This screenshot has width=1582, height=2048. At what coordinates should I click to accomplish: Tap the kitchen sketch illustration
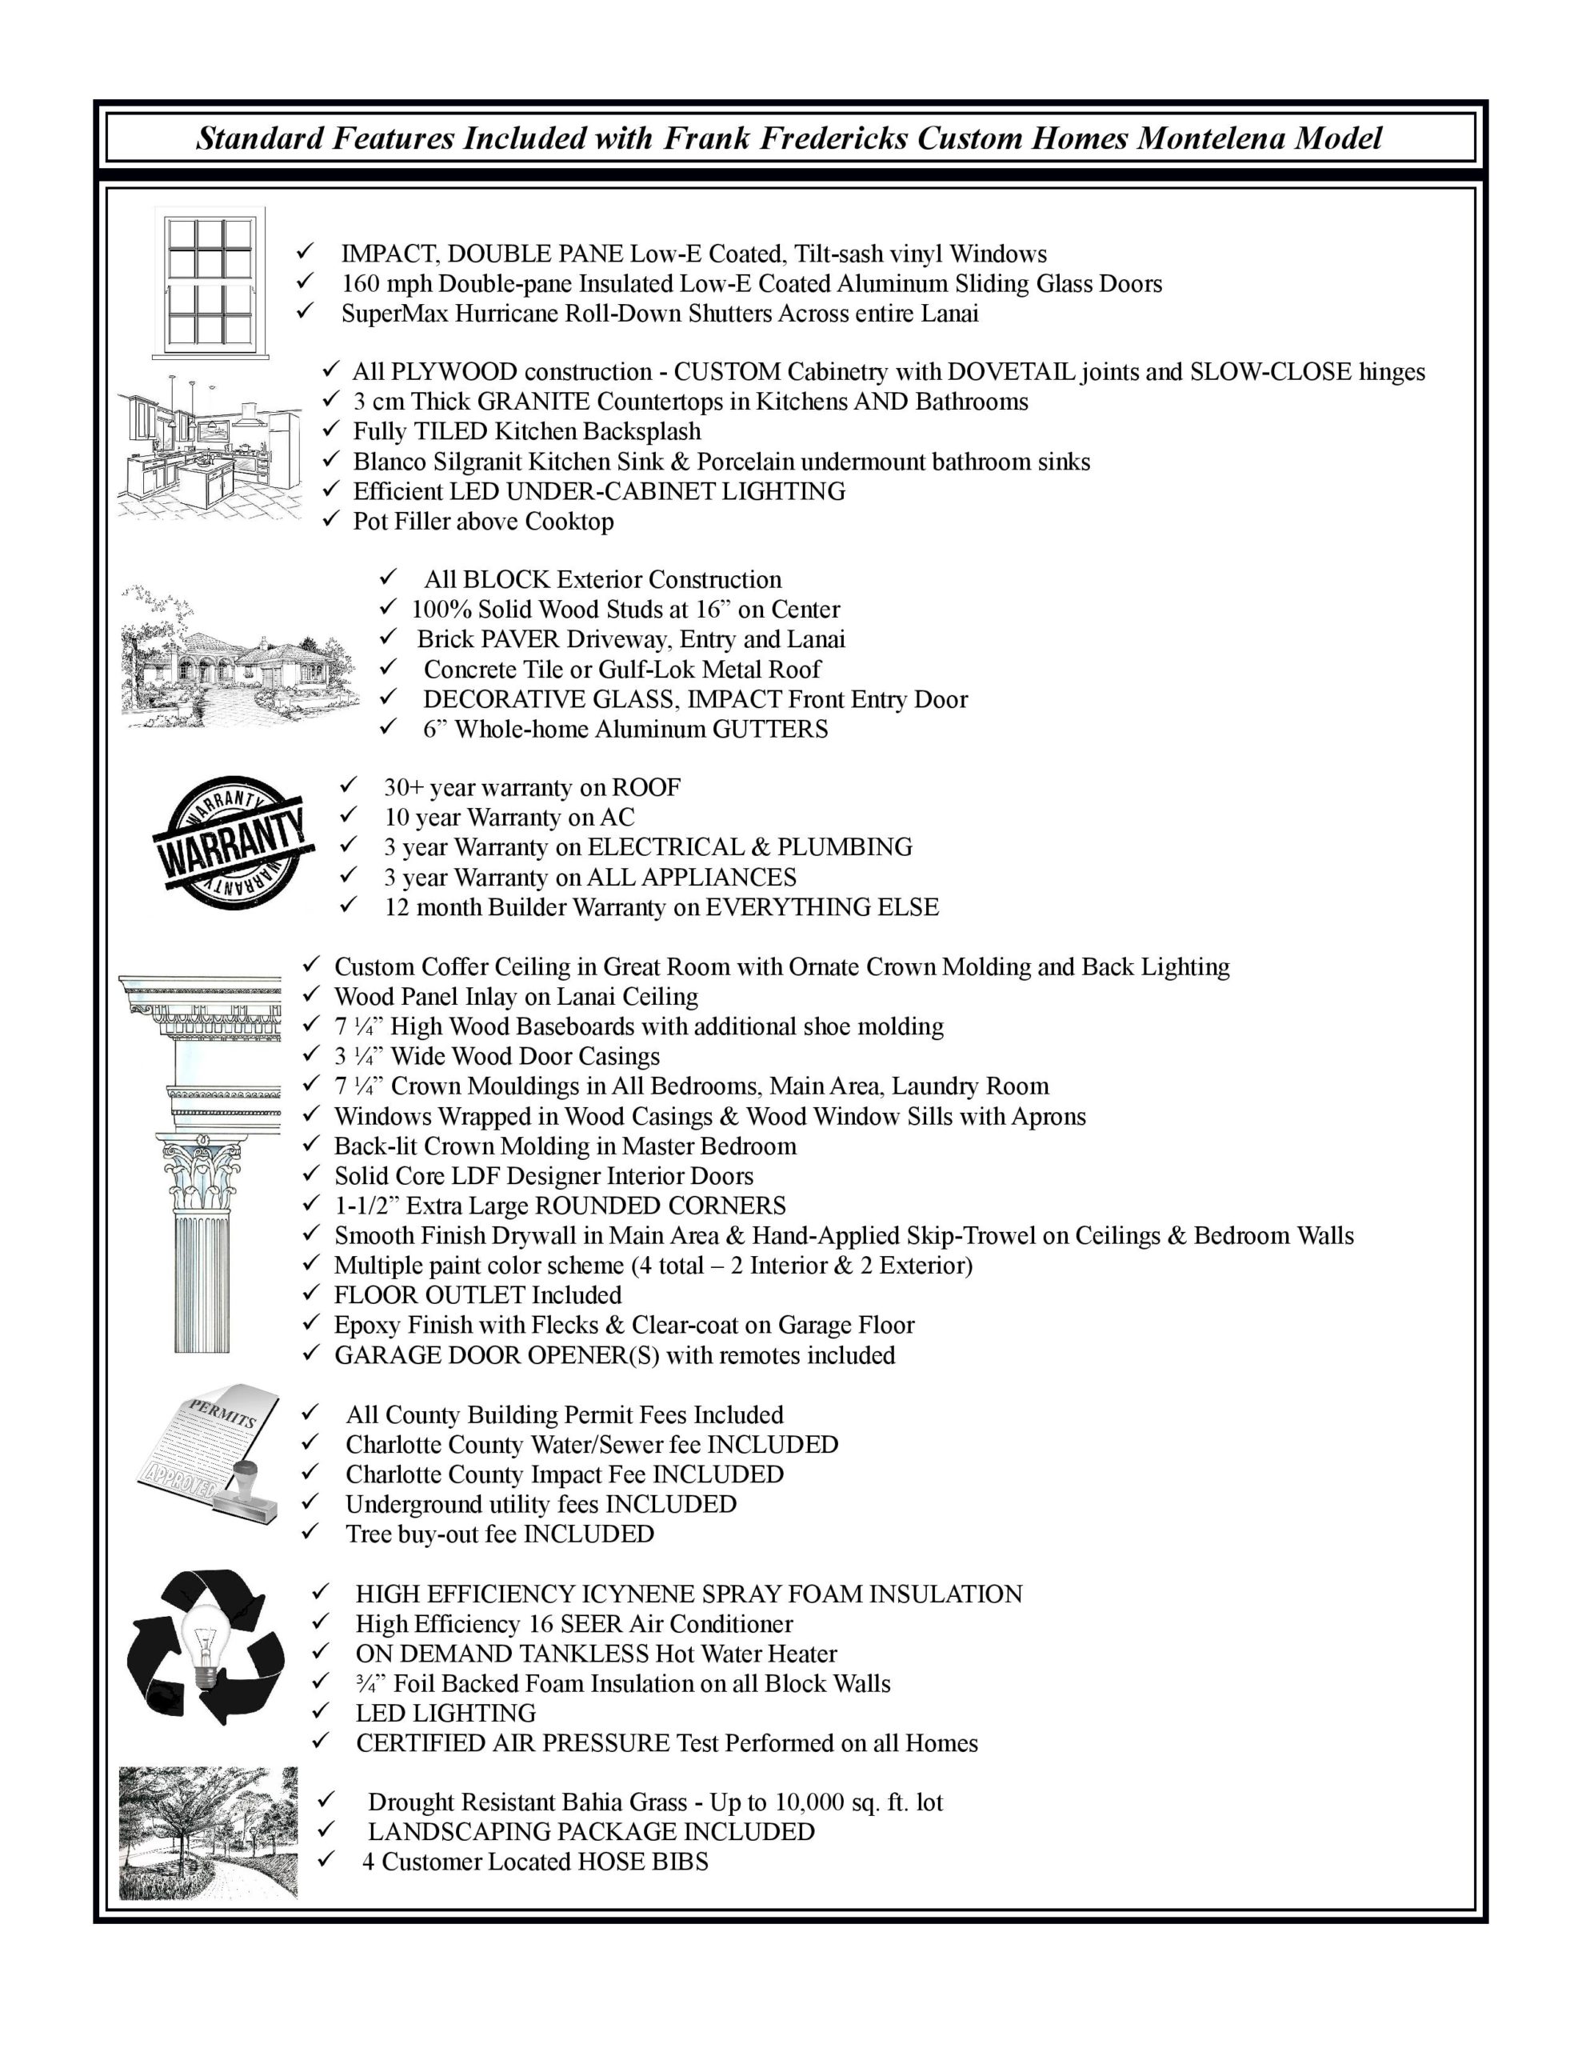tap(210, 447)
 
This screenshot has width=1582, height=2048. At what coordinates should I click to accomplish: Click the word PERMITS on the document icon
tap(223, 1412)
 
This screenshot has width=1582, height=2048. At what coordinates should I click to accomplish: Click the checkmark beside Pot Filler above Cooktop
tap(330, 521)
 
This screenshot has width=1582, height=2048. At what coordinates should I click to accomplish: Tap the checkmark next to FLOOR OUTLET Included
tap(311, 1295)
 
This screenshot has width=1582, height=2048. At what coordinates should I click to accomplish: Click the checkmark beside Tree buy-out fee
tap(311, 1534)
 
